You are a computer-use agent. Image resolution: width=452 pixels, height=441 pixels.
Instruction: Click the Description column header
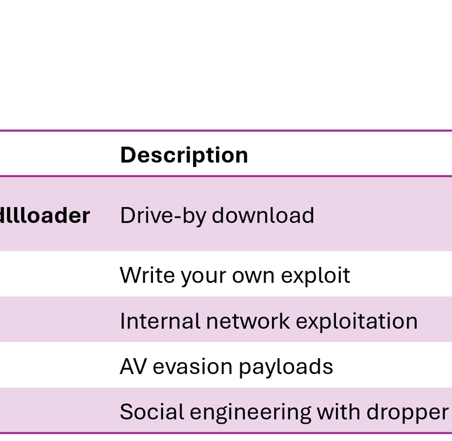(184, 155)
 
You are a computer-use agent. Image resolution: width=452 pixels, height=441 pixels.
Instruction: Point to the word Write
(139, 275)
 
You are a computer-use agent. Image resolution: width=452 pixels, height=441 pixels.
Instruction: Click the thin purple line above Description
(226, 131)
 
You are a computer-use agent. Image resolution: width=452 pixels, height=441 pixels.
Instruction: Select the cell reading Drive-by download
(217, 216)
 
